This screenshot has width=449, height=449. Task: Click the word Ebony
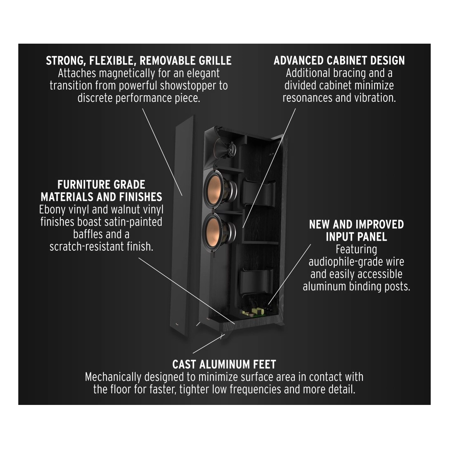tap(53, 209)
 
